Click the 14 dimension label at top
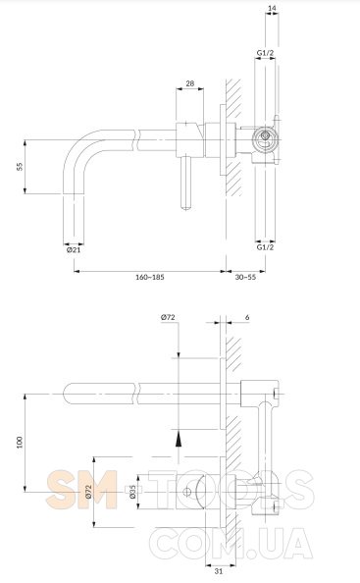click(x=272, y=8)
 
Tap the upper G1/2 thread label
click(x=265, y=53)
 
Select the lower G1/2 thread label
click(x=265, y=247)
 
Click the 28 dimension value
click(x=190, y=83)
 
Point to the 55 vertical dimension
click(x=20, y=166)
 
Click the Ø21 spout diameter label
click(x=74, y=250)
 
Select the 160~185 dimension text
click(x=150, y=277)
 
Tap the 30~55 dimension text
click(x=245, y=277)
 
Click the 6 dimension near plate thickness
click(x=247, y=318)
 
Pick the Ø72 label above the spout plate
click(x=168, y=318)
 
